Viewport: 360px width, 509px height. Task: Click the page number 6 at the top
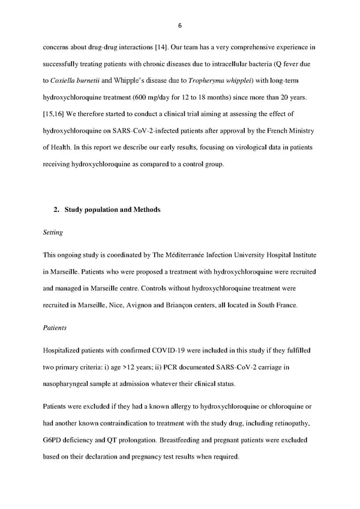(x=179, y=25)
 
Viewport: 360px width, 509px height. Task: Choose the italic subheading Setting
(x=52, y=232)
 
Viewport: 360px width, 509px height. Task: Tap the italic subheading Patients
(x=55, y=328)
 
